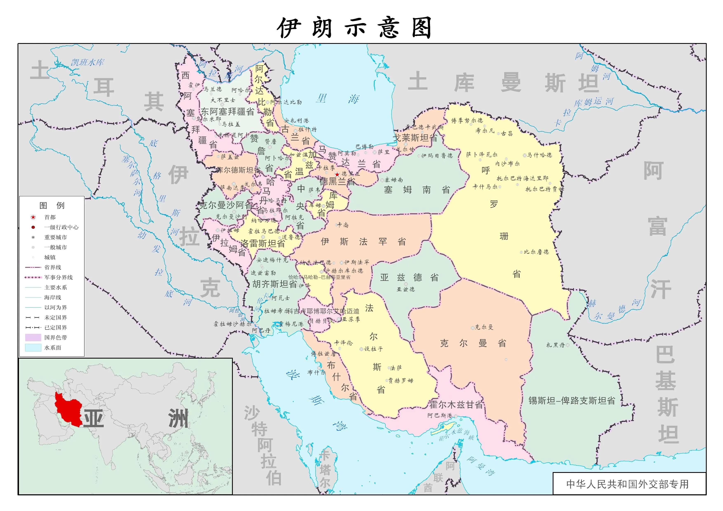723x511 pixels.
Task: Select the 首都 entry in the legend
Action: pos(50,217)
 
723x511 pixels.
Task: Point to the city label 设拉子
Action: pos(374,349)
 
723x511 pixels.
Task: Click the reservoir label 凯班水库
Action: pos(87,62)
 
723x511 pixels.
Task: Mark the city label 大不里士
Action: pos(223,100)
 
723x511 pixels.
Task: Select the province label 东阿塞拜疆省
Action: pos(227,112)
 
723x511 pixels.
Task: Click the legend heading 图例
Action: pos(52,206)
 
